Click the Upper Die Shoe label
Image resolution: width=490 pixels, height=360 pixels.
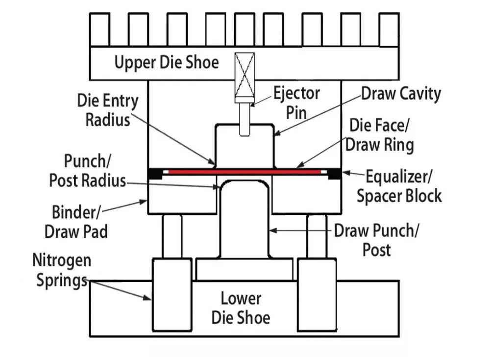click(x=167, y=62)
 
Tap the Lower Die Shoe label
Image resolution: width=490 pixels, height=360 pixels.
click(x=241, y=308)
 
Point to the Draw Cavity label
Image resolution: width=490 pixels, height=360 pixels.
click(x=401, y=94)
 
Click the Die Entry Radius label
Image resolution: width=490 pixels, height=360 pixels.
click(x=108, y=110)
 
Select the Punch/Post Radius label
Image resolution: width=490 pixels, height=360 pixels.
click(x=87, y=171)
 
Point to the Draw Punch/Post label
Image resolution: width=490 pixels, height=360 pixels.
click(x=376, y=240)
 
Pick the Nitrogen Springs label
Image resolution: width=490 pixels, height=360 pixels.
click(x=61, y=270)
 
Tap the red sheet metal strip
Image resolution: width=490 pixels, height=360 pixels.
click(x=245, y=172)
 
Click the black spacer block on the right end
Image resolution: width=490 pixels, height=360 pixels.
click(x=335, y=173)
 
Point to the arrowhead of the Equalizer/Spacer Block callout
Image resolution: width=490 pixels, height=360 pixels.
click(x=344, y=173)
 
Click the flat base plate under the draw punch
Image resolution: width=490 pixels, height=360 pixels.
click(x=244, y=269)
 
